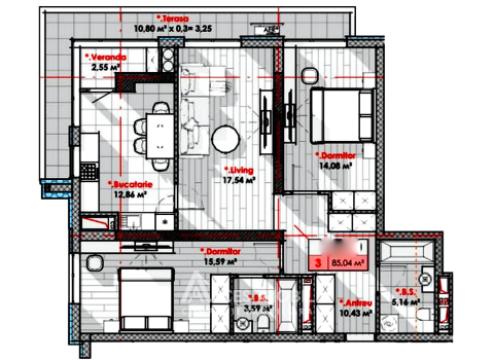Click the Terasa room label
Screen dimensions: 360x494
[x=177, y=16]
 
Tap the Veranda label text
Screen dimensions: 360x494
[x=107, y=58]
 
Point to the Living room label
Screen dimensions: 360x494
[x=240, y=172]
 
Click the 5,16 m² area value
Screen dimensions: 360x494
[x=432, y=300]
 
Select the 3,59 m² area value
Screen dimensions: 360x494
[x=259, y=309]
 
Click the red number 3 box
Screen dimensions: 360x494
[x=319, y=262]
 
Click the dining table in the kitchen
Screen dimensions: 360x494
[x=160, y=129]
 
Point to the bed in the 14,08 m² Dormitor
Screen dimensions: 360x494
[x=334, y=115]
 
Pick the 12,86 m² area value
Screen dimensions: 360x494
[x=128, y=196]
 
